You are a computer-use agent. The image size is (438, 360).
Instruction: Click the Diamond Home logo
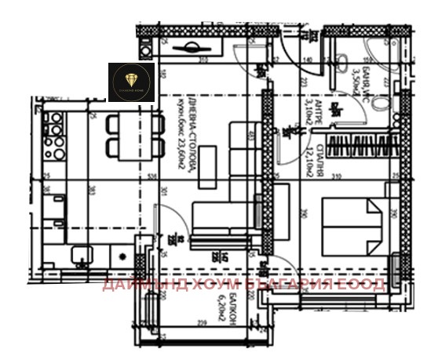tap(130, 82)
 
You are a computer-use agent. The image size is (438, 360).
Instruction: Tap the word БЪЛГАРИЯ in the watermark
tap(297, 283)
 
